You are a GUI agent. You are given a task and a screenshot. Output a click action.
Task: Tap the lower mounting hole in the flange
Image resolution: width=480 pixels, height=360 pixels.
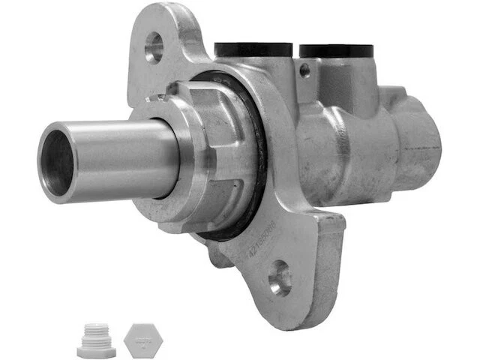coord(280,278)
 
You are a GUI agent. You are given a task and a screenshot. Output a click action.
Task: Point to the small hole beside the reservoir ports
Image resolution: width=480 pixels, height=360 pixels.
coord(303,69)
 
